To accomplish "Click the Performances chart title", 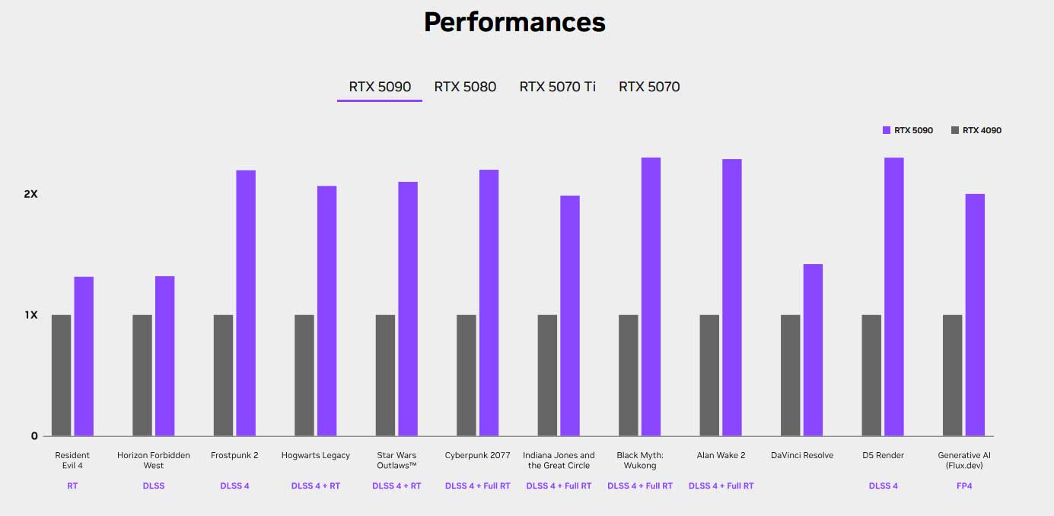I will click(x=514, y=22).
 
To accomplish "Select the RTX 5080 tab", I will click(x=465, y=87).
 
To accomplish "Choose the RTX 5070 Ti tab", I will click(x=557, y=87).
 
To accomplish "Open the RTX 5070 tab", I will click(x=649, y=87).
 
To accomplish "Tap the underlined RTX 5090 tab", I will click(x=380, y=87).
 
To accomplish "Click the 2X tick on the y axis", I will click(x=30, y=194).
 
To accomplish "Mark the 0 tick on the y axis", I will click(x=34, y=436).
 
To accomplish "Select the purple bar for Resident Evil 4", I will click(x=84, y=356).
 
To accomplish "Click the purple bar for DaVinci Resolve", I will click(x=813, y=350).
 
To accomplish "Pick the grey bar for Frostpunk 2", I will click(x=223, y=375).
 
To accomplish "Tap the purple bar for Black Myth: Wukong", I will click(x=651, y=297).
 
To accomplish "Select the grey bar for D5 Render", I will click(x=871, y=375).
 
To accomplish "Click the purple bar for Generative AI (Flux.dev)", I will click(x=975, y=315).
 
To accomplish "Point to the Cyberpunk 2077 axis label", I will click(x=477, y=455).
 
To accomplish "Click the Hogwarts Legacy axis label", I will click(x=316, y=455).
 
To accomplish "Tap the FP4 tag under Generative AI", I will click(x=964, y=486).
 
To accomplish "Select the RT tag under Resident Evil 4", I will click(x=72, y=486).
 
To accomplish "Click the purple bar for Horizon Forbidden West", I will click(x=164, y=356).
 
